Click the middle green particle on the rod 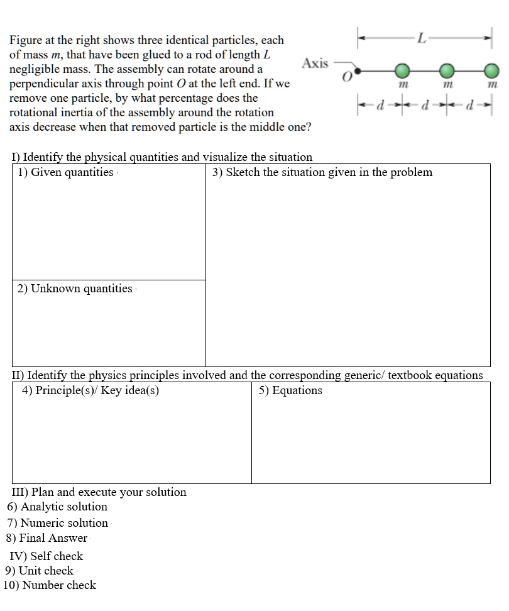pos(446,70)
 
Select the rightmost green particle pos(491,70)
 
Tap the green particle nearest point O pos(402,70)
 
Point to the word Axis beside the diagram pos(315,63)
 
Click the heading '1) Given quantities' pos(65,172)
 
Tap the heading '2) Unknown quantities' pos(75,289)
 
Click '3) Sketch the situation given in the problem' pos(322,172)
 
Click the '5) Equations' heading pos(290,390)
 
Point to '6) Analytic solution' pos(57,507)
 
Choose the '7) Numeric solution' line pos(57,523)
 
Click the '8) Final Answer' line pos(47,538)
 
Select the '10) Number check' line pos(50,585)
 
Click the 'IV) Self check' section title pos(47,556)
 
